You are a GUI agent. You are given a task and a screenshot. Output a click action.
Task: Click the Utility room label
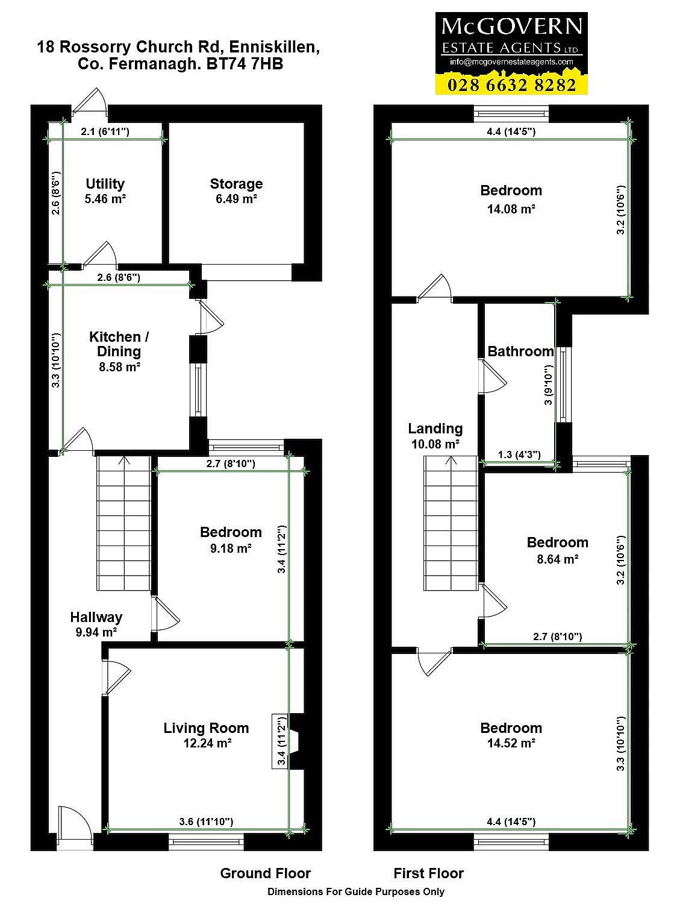105,184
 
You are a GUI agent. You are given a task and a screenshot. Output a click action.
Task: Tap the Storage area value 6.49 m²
236,199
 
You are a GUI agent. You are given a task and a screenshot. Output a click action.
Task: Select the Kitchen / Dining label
119,344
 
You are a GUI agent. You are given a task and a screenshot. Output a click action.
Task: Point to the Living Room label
206,728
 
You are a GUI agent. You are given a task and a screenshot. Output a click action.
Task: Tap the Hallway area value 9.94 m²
96,632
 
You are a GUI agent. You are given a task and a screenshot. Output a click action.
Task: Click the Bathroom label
520,351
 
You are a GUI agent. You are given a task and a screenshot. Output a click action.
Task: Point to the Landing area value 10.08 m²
435,444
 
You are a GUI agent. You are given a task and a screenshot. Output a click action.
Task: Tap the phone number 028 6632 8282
511,85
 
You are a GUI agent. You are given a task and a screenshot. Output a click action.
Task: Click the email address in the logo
511,61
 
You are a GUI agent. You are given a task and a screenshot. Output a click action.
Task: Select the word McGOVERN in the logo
512,27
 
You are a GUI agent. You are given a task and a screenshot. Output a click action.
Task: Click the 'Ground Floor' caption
266,873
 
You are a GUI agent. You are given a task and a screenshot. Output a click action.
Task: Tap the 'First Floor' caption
428,873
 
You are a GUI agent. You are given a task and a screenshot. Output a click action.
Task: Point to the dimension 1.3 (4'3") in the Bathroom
519,454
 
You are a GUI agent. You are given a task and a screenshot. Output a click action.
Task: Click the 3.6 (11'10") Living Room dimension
206,822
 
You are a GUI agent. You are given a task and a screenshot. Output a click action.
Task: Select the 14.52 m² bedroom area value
511,743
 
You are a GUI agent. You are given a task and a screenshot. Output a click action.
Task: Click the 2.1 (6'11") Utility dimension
105,131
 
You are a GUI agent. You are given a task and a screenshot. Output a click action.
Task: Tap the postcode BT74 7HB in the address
245,64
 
